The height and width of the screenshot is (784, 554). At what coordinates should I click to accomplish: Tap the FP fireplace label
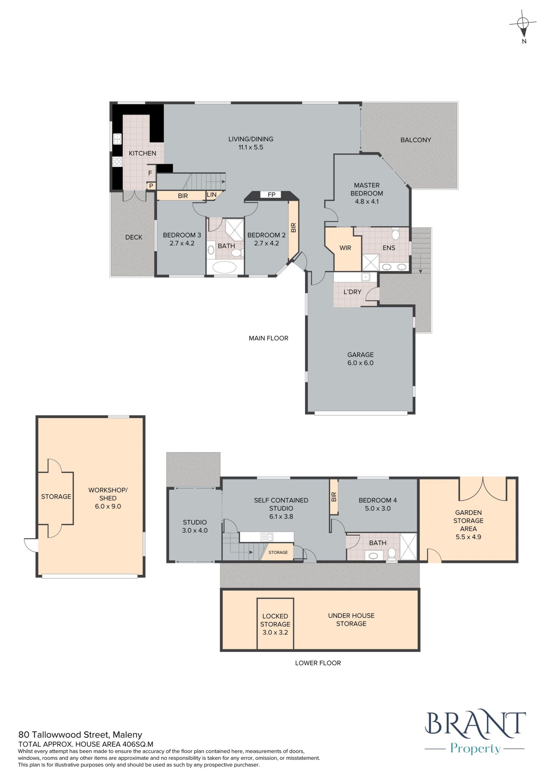point(271,195)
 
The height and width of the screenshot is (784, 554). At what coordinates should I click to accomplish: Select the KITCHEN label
point(143,153)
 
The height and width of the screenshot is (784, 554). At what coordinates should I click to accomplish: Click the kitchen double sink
point(117,139)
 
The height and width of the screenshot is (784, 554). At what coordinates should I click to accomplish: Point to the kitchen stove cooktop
point(117,161)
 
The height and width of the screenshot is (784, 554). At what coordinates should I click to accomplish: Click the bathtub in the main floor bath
point(225,267)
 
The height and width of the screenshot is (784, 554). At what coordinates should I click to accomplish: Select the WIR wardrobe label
point(345,248)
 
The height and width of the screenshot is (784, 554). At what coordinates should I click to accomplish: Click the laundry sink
point(365,277)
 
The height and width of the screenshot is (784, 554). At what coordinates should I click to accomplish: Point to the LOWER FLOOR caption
point(318,663)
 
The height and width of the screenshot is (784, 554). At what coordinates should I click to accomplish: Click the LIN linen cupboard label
point(212,195)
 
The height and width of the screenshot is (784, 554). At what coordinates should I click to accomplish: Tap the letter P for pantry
point(151,186)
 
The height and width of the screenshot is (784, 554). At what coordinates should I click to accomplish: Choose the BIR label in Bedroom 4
point(334,497)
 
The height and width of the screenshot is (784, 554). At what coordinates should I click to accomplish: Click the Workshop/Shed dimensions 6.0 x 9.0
point(108,506)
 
